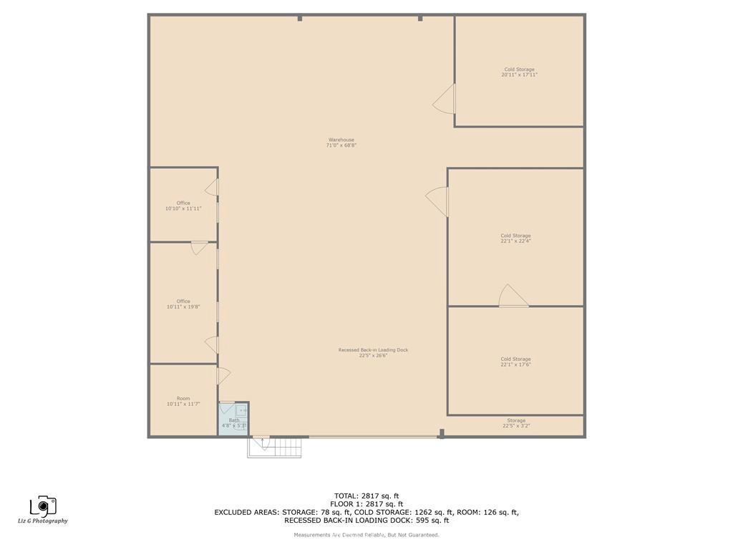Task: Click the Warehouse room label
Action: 341,143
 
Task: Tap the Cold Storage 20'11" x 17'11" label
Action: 519,72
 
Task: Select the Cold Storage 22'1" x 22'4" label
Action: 515,238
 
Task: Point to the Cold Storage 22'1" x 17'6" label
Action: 515,362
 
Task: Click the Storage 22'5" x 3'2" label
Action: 516,423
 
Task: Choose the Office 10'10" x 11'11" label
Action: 183,206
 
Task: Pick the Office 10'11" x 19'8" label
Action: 183,304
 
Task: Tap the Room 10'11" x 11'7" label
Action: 183,401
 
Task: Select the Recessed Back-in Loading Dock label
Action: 373,352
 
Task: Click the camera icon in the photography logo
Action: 44,506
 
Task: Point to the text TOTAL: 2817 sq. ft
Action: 366,496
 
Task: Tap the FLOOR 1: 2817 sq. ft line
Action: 366,504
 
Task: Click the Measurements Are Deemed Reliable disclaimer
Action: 366,535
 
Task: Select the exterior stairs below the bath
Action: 276,448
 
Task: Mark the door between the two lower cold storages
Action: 513,297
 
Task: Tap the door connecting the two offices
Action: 199,248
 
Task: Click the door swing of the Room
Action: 223,375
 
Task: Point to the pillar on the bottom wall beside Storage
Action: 442,433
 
